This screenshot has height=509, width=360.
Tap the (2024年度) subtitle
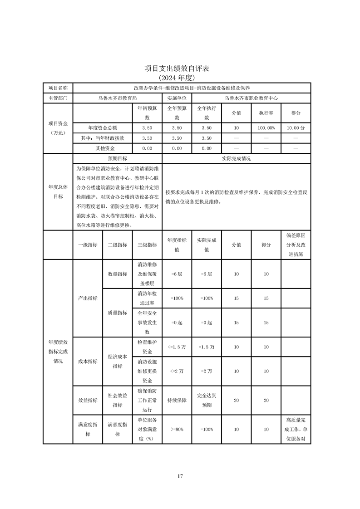pos(180,78)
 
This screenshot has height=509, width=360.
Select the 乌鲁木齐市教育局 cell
pos(118,98)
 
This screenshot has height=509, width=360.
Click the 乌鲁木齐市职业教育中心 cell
pos(251,98)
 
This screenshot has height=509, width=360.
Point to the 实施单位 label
pos(177,98)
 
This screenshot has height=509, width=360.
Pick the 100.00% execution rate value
pos(266,128)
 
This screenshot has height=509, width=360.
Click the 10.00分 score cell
pos(296,128)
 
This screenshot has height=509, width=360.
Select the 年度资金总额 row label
pos(103,128)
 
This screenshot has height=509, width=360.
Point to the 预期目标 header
pos(117,159)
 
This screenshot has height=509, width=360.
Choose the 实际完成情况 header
pos(236,159)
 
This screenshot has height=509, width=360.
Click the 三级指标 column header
pos(147,245)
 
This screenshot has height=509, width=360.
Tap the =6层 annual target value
pos(177,274)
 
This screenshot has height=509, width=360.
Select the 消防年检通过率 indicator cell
pos(147,299)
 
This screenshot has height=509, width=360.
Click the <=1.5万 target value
pos(177,347)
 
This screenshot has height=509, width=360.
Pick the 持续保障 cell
pos(177,401)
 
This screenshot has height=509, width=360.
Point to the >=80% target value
pos(177,429)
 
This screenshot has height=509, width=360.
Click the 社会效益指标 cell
pos(117,401)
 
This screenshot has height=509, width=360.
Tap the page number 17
pos(180,476)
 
